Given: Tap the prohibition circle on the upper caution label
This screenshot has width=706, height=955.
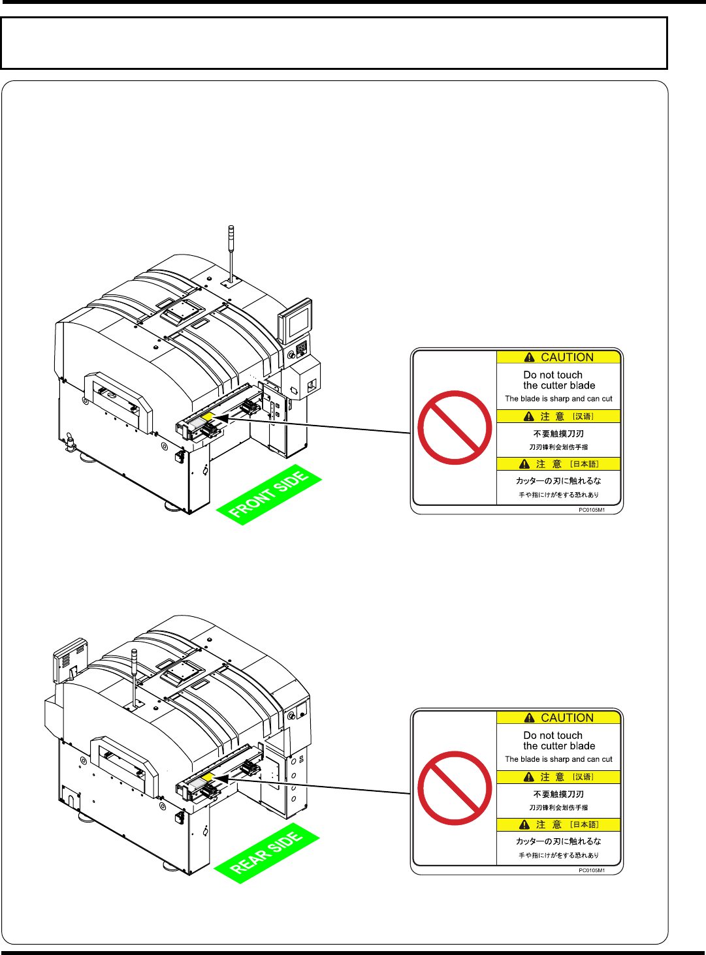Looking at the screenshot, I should pyautogui.click(x=455, y=428).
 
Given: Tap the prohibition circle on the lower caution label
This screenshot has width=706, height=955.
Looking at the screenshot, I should pyautogui.click(x=455, y=788).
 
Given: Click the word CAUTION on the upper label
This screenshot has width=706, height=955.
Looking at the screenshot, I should pyautogui.click(x=567, y=357).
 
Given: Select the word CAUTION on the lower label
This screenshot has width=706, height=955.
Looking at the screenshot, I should pyautogui.click(x=567, y=717).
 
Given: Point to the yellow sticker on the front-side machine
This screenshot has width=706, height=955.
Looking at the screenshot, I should pyautogui.click(x=207, y=416).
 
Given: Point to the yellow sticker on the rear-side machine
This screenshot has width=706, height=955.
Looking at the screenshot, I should pyautogui.click(x=207, y=777).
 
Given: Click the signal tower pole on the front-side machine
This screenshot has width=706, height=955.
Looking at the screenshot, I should pyautogui.click(x=231, y=251).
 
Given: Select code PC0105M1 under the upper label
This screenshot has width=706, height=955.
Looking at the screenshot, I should pyautogui.click(x=592, y=510).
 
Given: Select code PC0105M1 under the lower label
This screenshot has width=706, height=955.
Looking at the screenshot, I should pyautogui.click(x=592, y=870).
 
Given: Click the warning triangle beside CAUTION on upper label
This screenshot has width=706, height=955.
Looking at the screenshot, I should pyautogui.click(x=530, y=358).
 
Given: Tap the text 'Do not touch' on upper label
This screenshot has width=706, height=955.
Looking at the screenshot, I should pyautogui.click(x=553, y=375).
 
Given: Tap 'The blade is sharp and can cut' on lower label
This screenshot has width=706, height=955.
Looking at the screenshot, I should pyautogui.click(x=558, y=759).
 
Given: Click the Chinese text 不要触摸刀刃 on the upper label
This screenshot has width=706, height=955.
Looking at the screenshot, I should pyautogui.click(x=558, y=433).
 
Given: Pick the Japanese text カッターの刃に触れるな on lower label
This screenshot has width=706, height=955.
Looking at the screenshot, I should pyautogui.click(x=558, y=841).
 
